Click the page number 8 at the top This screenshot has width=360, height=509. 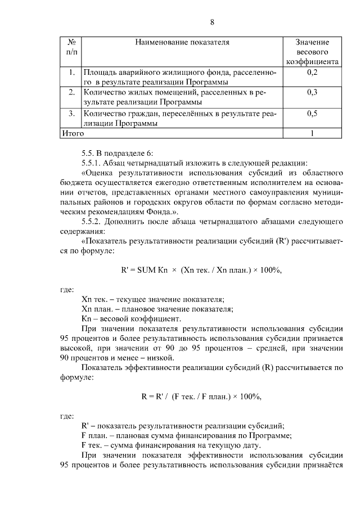212,22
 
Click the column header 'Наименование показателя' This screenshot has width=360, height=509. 183,42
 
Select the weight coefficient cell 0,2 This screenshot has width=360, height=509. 313,73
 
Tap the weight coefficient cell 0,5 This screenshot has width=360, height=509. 313,114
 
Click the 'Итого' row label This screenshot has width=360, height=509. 73,134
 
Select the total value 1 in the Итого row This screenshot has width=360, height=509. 313,134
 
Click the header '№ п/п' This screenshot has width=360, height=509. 71,47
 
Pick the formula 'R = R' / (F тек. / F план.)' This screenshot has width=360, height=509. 201,396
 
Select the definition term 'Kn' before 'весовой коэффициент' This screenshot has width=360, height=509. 87,319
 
